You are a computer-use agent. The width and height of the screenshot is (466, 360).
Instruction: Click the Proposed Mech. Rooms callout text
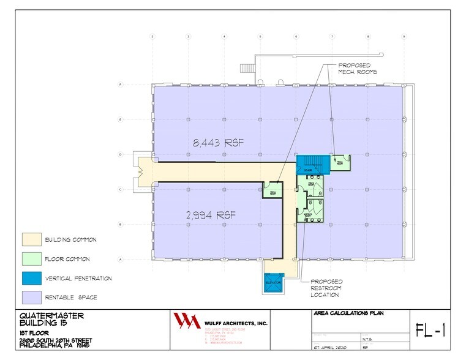(x=358, y=68)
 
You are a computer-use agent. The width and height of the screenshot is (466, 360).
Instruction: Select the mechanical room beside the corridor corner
(x=272, y=192)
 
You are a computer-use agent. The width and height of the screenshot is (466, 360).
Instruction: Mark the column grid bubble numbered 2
(x=152, y=37)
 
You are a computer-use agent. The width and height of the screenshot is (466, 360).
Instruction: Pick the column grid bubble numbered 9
(x=404, y=37)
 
